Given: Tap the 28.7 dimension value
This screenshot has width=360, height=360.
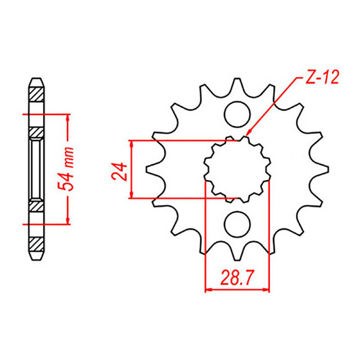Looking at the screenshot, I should pyautogui.click(x=238, y=276).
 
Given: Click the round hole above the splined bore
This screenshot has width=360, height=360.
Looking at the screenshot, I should pyautogui.click(x=235, y=114).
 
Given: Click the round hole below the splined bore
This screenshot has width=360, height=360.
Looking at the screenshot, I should pyautogui.click(x=235, y=225).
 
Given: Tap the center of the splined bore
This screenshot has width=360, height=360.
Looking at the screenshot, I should pyautogui.click(x=235, y=169).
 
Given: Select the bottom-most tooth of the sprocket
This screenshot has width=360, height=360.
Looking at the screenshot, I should pyautogui.click(x=235, y=256).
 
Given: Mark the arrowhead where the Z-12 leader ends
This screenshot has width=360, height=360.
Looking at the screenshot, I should pyautogui.click(x=246, y=135).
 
